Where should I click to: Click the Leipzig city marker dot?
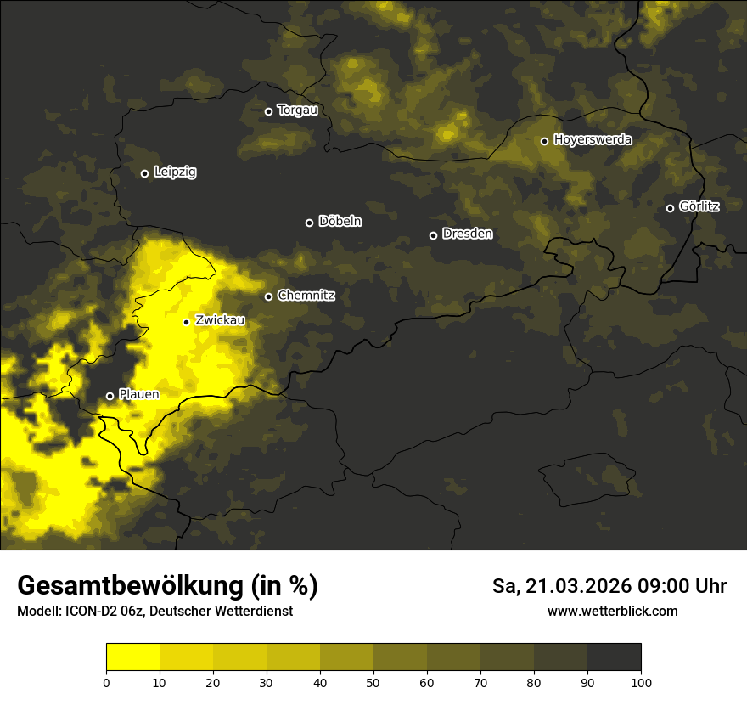click(144, 173)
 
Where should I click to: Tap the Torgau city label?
click(297, 110)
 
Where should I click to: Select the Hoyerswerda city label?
click(593, 139)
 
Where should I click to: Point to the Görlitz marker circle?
click(670, 208)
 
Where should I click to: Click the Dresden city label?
click(467, 234)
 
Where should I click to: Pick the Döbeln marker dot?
click(309, 223)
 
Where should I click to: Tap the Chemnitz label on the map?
click(306, 296)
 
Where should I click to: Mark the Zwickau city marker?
click(186, 322)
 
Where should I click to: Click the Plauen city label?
click(138, 395)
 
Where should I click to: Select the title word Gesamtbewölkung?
click(132, 586)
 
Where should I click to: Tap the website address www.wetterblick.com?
click(612, 611)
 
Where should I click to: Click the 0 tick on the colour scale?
click(106, 682)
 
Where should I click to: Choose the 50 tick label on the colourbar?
click(373, 682)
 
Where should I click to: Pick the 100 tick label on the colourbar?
click(641, 682)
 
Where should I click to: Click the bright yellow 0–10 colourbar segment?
click(132, 657)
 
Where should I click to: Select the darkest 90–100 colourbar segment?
click(614, 657)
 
